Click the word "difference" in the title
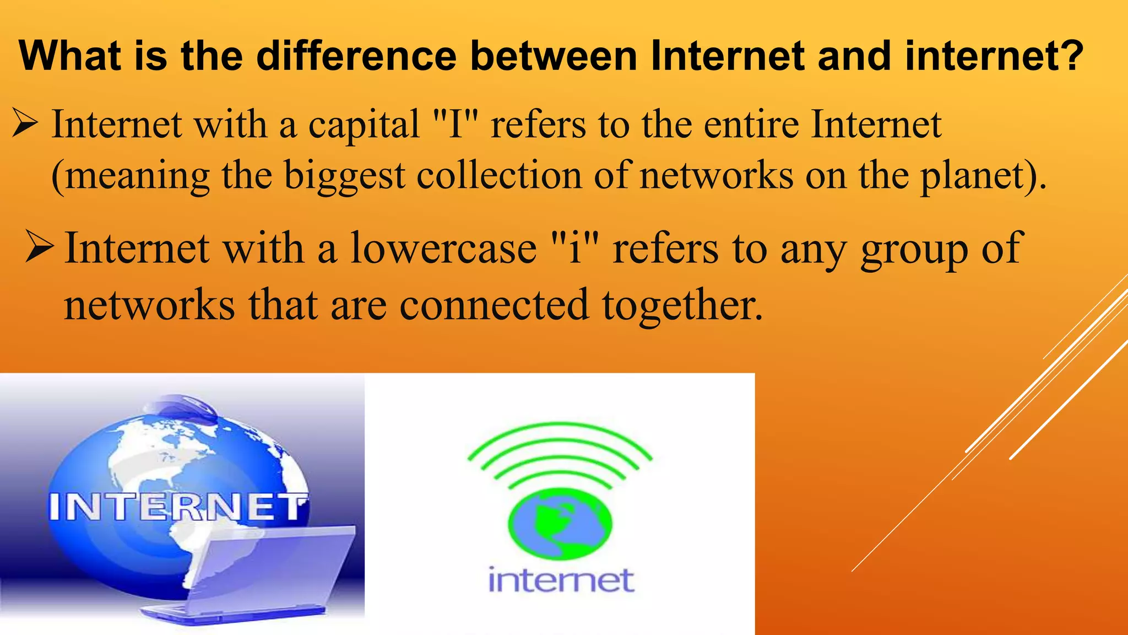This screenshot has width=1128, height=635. (x=356, y=56)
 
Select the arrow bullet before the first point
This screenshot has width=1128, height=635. (x=24, y=124)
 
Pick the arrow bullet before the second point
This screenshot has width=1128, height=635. (x=39, y=248)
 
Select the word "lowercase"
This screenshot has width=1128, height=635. (x=443, y=248)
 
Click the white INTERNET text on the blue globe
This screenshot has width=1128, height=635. (x=178, y=507)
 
